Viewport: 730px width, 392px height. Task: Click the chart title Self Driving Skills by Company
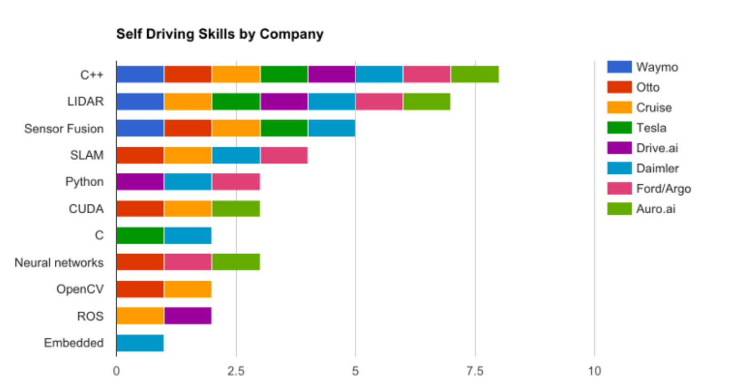pyautogui.click(x=220, y=34)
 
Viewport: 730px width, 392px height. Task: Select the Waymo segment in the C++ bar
pyautogui.click(x=140, y=74)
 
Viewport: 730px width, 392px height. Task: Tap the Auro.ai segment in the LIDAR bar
pyautogui.click(x=426, y=101)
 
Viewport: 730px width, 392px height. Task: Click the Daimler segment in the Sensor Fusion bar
pyautogui.click(x=331, y=128)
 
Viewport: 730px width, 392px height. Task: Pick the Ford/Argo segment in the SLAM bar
pyautogui.click(x=284, y=155)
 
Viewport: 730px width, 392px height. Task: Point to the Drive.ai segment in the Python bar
pyautogui.click(x=140, y=182)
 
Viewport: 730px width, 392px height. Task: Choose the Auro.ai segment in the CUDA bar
pyautogui.click(x=236, y=209)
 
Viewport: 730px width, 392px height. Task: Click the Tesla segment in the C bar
pyautogui.click(x=140, y=235)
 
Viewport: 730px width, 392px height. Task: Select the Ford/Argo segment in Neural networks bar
pyautogui.click(x=188, y=262)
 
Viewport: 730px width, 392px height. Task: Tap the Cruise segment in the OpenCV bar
pyautogui.click(x=188, y=289)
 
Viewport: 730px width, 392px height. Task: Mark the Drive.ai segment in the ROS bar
pyautogui.click(x=188, y=316)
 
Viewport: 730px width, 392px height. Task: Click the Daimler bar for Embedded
pyautogui.click(x=140, y=343)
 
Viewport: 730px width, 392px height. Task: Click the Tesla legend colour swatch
pyautogui.click(x=619, y=128)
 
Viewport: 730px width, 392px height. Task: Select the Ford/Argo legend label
pyautogui.click(x=663, y=189)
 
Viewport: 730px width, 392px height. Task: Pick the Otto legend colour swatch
pyautogui.click(x=619, y=87)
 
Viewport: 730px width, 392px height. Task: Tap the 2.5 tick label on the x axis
pyautogui.click(x=236, y=371)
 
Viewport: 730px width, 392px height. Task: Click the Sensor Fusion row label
pyautogui.click(x=64, y=129)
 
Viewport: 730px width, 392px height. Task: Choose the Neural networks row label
pyautogui.click(x=59, y=262)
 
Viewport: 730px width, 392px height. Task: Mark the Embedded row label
pyautogui.click(x=74, y=343)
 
